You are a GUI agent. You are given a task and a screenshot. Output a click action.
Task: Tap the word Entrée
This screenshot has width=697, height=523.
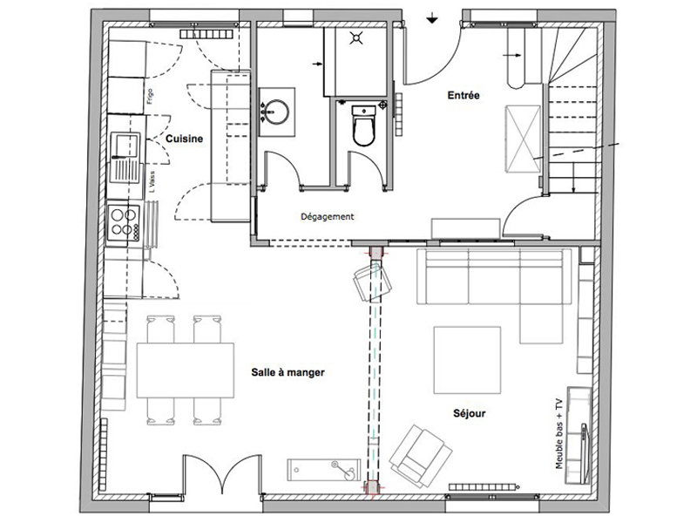(x=464, y=95)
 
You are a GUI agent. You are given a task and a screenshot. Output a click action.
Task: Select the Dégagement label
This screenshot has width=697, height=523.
(x=327, y=218)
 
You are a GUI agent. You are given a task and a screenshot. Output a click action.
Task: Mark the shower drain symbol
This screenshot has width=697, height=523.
(x=355, y=37)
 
